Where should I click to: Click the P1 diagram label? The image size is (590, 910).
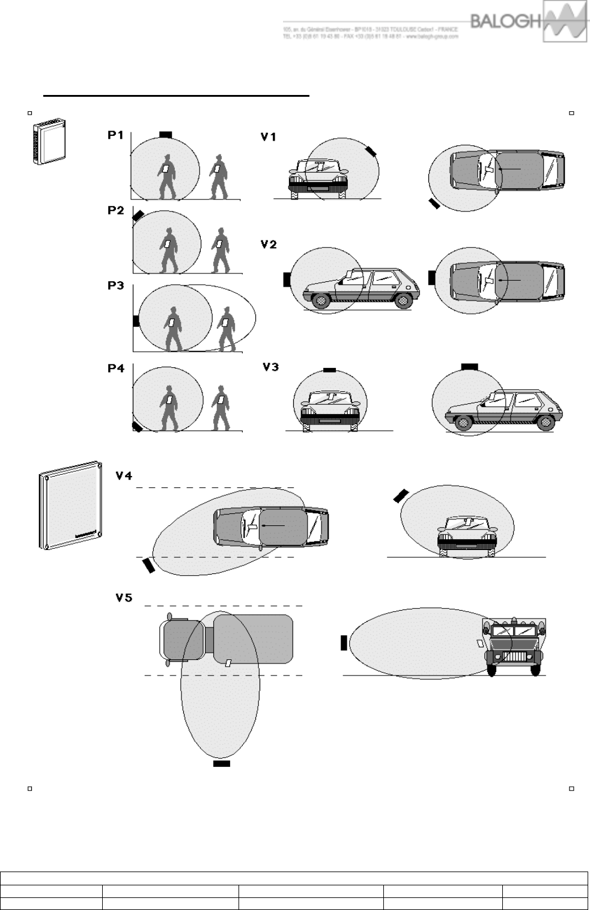[116, 135]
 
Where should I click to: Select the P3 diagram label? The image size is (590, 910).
[116, 286]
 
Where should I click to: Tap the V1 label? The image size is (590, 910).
[269, 137]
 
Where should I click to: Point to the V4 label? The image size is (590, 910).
[124, 476]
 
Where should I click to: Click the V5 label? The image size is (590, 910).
[124, 598]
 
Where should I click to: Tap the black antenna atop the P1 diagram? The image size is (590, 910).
[166, 134]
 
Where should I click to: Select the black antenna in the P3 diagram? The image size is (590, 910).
[136, 320]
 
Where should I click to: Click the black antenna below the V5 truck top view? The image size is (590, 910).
[221, 764]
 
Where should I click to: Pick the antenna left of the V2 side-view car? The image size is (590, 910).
[287, 279]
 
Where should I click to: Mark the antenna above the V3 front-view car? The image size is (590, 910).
[329, 370]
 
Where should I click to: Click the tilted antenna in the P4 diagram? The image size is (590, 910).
[138, 427]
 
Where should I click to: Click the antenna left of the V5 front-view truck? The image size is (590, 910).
[344, 642]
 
